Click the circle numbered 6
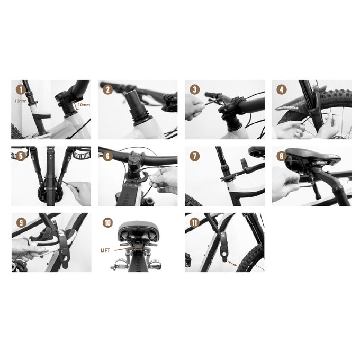tap(108, 156)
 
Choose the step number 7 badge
tap(195, 156)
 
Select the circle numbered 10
tap(108, 223)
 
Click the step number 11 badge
tap(195, 223)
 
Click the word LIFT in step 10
tap(107, 248)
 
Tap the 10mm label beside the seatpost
tap(21, 100)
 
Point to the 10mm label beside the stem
tap(83, 105)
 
